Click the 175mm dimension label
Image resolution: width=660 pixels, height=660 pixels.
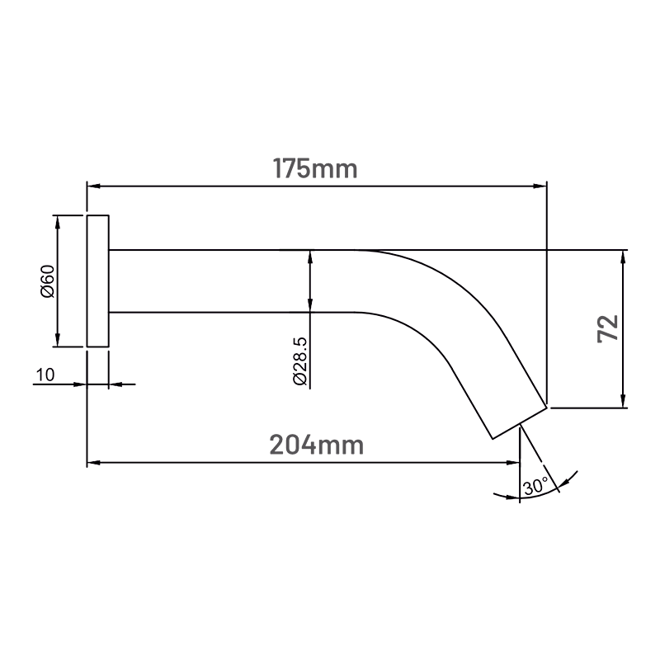tap(315, 169)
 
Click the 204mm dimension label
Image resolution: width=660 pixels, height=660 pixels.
tap(317, 445)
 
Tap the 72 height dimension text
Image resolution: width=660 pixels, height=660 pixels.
tap(608, 328)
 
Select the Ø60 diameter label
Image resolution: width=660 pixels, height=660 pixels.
tap(48, 281)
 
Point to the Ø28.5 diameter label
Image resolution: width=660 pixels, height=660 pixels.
tap(300, 361)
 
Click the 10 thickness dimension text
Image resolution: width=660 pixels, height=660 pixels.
tap(45, 375)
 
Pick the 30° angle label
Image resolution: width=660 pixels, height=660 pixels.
tap(535, 487)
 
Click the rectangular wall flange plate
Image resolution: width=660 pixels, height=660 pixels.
tap(97, 281)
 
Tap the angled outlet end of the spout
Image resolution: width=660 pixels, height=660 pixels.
tap(520, 423)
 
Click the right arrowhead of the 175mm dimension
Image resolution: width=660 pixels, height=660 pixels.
tap(540, 186)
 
